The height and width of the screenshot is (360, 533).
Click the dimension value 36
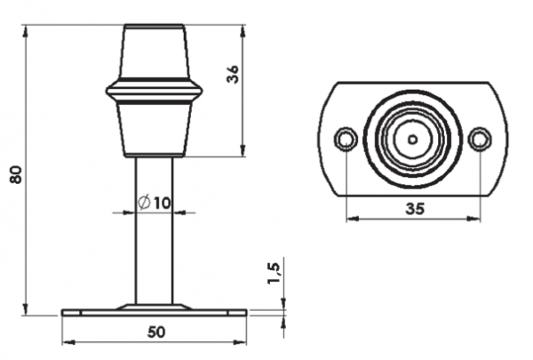click(x=233, y=75)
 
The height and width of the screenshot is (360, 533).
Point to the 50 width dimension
click(x=155, y=332)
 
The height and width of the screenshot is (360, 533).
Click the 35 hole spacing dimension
click(x=413, y=209)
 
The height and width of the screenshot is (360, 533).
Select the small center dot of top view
click(x=413, y=139)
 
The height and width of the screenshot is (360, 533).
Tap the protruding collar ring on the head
click(x=155, y=92)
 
